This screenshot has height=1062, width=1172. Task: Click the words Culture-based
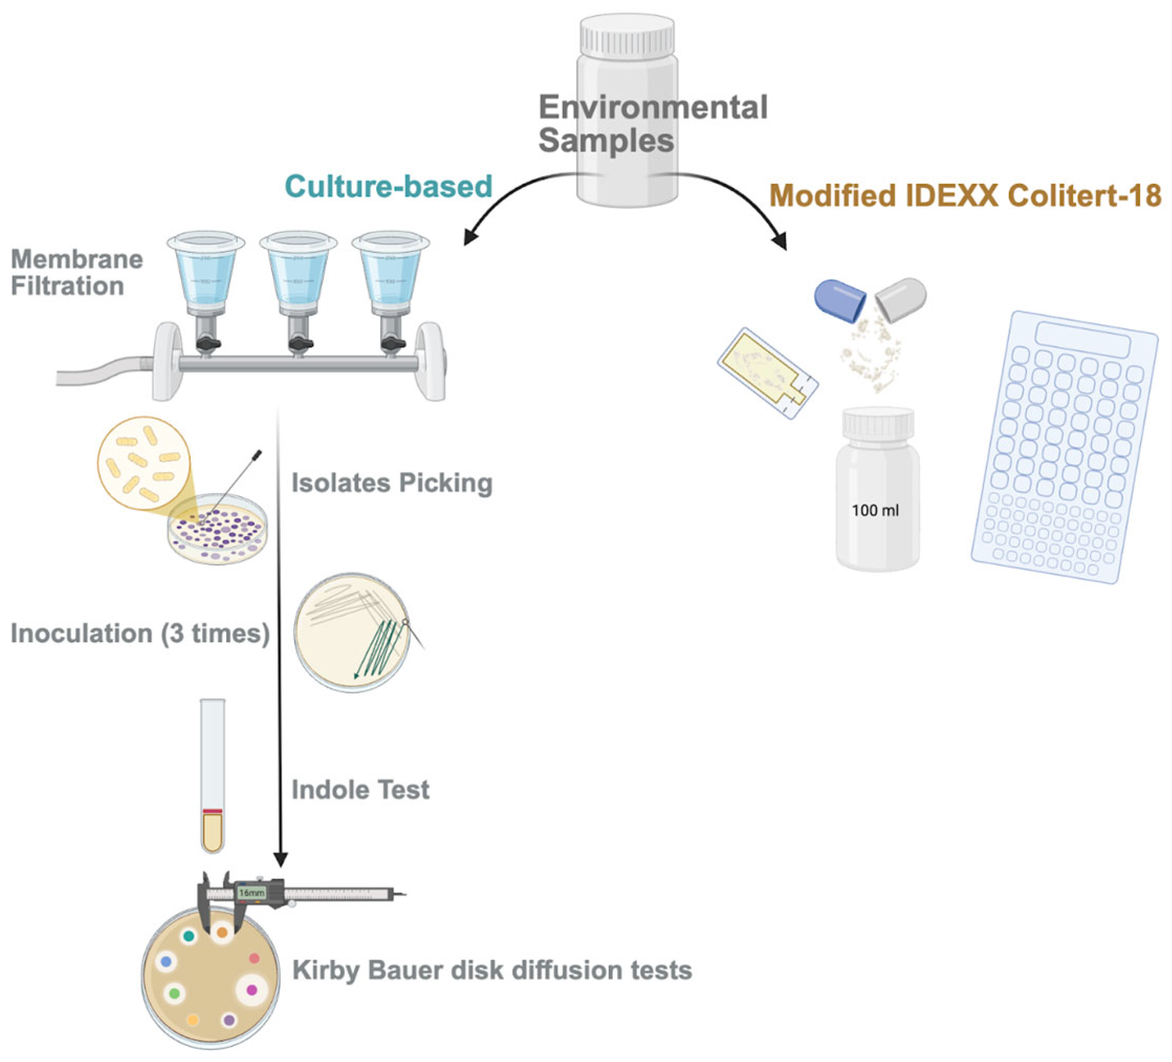click(x=388, y=186)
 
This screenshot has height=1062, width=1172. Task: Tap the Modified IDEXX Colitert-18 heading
click(x=965, y=195)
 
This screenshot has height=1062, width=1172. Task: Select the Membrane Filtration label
click(x=76, y=272)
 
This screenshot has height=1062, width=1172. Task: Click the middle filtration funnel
click(x=298, y=273)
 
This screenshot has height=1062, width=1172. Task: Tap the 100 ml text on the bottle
click(x=875, y=511)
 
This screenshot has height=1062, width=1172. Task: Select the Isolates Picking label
click(x=392, y=483)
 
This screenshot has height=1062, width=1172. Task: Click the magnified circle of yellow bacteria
click(x=144, y=462)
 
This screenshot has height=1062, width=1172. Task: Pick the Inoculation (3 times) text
click(x=140, y=633)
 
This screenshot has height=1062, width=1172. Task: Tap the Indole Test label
click(x=360, y=790)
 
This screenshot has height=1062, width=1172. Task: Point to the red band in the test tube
click(x=212, y=811)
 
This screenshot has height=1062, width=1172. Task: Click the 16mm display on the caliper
click(x=251, y=892)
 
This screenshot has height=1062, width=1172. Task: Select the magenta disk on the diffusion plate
click(x=251, y=989)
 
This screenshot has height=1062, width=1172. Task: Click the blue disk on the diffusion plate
click(x=166, y=962)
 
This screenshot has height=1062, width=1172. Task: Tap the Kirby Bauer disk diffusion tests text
click(x=492, y=970)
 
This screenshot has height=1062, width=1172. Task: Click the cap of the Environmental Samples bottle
click(x=627, y=35)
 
